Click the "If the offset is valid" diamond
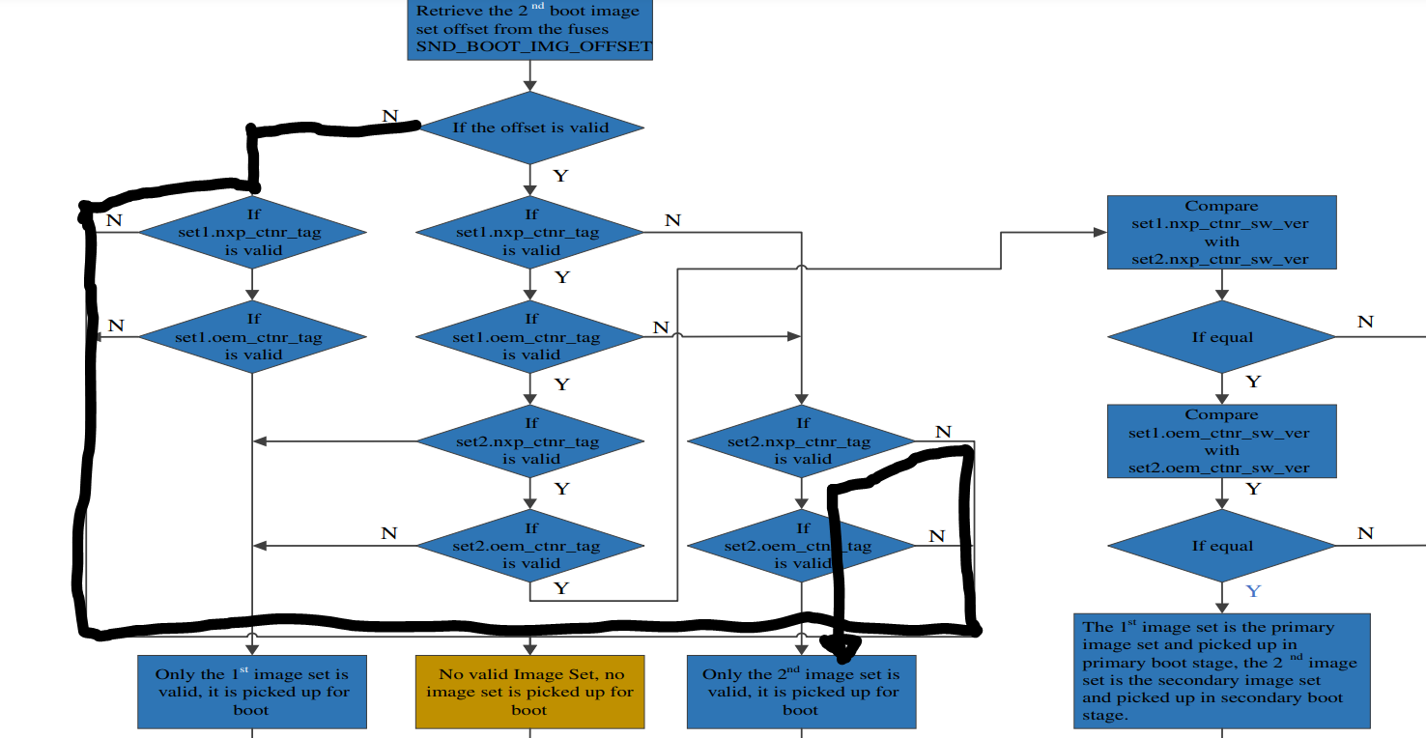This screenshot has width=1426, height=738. (x=529, y=128)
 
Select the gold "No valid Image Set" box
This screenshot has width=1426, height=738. (x=529, y=692)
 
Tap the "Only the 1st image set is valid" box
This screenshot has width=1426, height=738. (x=252, y=692)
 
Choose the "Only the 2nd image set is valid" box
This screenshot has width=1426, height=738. (x=801, y=692)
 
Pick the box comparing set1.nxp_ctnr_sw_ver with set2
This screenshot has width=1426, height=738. (x=1221, y=233)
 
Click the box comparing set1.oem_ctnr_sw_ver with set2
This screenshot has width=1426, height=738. (x=1221, y=441)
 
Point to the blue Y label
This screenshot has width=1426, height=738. (x=1252, y=590)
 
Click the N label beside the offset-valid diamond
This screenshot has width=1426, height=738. (x=389, y=116)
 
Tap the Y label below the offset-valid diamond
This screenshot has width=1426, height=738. (x=559, y=176)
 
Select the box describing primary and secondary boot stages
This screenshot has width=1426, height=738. (x=1221, y=670)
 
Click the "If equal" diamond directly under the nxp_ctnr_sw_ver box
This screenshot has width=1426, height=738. (x=1221, y=337)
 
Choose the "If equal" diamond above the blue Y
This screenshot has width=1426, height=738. (x=1221, y=546)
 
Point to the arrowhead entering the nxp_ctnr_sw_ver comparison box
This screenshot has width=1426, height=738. (x=1099, y=233)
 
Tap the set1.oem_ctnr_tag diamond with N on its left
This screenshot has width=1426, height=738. (x=252, y=337)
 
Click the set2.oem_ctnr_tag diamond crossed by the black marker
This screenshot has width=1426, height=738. (x=801, y=546)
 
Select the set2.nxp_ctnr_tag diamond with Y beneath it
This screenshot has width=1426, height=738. (x=529, y=441)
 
